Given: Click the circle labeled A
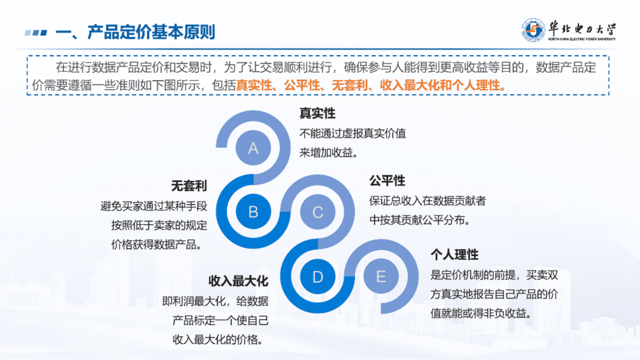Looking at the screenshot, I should point(253,148).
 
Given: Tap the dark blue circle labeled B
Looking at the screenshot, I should point(253,211).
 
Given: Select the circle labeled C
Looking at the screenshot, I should point(317,212).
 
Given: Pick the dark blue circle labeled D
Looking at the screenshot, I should point(317,277).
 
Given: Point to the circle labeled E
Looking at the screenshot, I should point(381,277).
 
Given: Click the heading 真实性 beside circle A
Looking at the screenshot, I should point(317,113).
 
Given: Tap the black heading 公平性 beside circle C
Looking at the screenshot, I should point(387,181).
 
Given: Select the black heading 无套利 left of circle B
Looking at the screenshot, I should point(189,186).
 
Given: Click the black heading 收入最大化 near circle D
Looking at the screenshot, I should point(238,281).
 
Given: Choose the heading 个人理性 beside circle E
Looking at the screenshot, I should point(454,255).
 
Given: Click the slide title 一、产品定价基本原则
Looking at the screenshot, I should point(135,32).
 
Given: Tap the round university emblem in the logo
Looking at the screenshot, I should point(533,30).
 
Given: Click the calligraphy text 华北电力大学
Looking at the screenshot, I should point(582,28).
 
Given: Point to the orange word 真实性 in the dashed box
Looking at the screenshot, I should point(254,86).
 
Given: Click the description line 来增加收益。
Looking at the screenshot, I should point(329,153).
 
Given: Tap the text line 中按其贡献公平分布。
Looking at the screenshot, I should point(419,220).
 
